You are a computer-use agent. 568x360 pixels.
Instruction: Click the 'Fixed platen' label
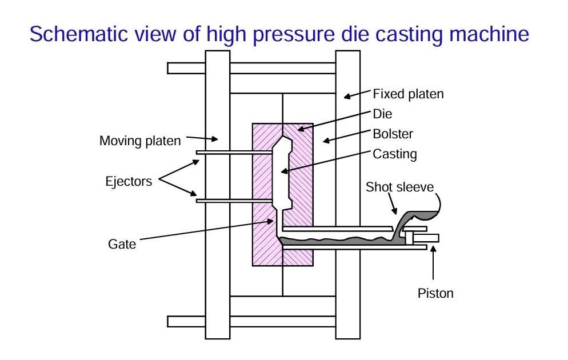coord(408,94)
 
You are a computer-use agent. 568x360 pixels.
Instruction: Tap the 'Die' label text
coord(382,114)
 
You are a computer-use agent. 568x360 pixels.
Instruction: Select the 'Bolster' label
coord(393,134)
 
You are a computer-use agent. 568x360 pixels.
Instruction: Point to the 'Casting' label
coord(395,154)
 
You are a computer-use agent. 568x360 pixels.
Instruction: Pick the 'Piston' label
coord(435,294)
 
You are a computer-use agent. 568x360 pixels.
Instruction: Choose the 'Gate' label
coord(122,244)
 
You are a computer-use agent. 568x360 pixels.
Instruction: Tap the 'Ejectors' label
coord(129,182)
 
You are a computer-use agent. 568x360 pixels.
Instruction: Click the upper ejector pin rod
coord(234,152)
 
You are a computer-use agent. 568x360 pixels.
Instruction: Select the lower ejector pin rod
coord(234,201)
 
